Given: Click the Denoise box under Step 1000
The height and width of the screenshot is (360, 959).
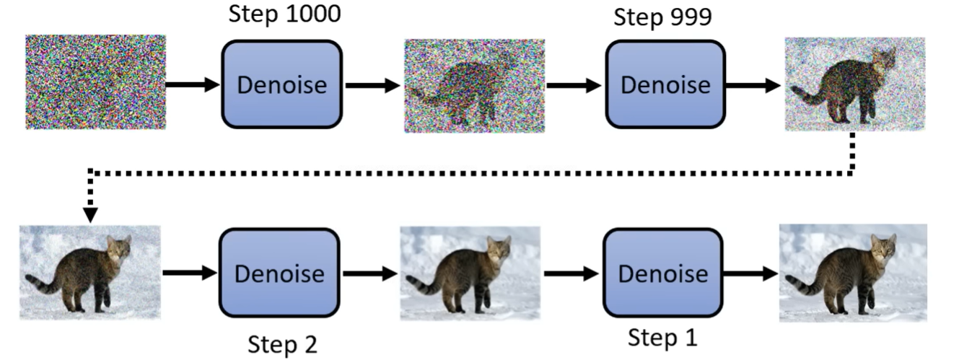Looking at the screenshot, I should (x=281, y=84).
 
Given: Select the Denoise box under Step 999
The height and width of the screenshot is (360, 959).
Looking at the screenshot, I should (x=665, y=84).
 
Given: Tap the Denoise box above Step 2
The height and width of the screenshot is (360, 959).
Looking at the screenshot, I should (x=279, y=273).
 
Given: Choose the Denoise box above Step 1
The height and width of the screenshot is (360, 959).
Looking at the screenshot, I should (x=662, y=273).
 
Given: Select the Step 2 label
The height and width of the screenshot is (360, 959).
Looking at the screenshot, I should (x=282, y=344).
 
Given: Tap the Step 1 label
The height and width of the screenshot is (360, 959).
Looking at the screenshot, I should (x=662, y=338).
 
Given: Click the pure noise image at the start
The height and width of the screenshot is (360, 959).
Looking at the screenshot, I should (x=95, y=82).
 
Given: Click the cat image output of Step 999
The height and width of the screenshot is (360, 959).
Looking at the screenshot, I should (x=854, y=84).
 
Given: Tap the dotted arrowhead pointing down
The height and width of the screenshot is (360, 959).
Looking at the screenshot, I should (x=91, y=215).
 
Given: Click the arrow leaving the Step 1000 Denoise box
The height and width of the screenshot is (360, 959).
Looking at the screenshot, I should (x=372, y=84).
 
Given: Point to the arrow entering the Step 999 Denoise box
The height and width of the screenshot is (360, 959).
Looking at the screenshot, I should (x=574, y=84).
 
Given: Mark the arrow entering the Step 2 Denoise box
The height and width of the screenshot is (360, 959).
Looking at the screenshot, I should (x=190, y=273).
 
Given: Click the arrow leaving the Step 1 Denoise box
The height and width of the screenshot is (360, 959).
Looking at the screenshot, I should (x=751, y=273).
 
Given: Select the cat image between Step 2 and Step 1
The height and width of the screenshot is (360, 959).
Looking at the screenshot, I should (x=470, y=272).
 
